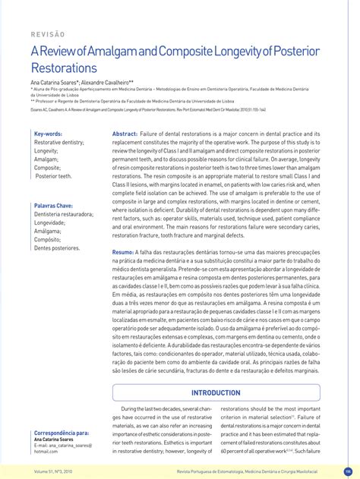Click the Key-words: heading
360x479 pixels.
pos(48,134)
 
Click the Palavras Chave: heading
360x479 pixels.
pos(53,206)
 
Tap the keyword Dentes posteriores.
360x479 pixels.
pos(57,248)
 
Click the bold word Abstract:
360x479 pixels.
pos(125,134)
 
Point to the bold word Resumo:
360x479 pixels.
pos(123,251)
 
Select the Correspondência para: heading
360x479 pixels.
pos(62,432)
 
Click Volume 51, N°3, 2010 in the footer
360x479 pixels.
pos(53,471)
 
